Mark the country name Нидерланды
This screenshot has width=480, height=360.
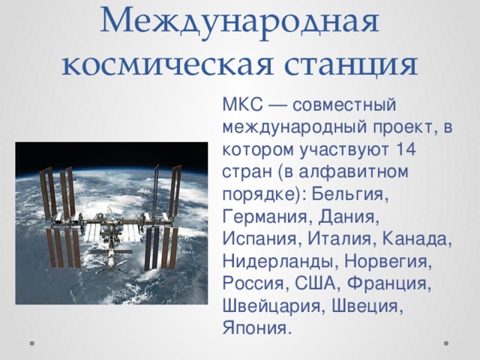click(274, 262)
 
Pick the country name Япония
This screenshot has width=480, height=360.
click(255, 329)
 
